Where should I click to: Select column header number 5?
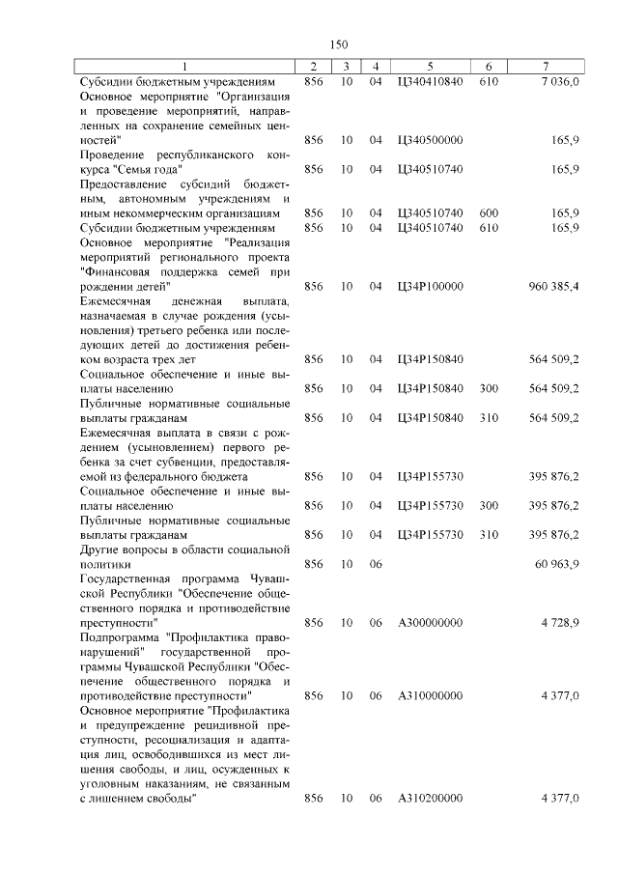(x=430, y=66)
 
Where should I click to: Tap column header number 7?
(x=546, y=66)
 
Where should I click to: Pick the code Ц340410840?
(x=430, y=82)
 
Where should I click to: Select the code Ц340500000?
(x=430, y=140)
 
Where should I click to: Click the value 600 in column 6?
(x=489, y=212)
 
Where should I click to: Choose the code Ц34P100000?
(x=430, y=287)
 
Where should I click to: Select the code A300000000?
(x=430, y=622)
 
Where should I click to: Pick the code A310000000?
(x=430, y=695)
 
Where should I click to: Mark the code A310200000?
(x=430, y=798)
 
